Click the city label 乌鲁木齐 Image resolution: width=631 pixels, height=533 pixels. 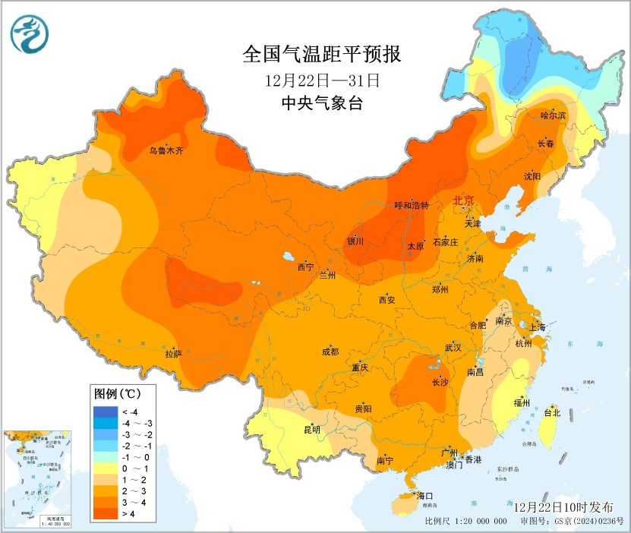pyautogui.click(x=166, y=151)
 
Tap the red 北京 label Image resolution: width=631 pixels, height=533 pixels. pyautogui.click(x=463, y=200)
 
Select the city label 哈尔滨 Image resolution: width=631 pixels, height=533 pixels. pyautogui.click(x=554, y=115)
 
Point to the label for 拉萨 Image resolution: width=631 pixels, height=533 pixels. pyautogui.click(x=173, y=353)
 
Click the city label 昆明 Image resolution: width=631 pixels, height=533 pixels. pyautogui.click(x=311, y=430)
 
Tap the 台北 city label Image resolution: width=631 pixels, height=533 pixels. pyautogui.click(x=552, y=413)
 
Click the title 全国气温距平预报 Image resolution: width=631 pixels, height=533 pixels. pyautogui.click(x=321, y=55)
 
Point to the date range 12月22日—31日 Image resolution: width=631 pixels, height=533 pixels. pyautogui.click(x=321, y=79)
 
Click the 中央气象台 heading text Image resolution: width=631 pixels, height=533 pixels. pyautogui.click(x=321, y=103)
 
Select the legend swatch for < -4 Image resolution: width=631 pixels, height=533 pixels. pyautogui.click(x=104, y=411)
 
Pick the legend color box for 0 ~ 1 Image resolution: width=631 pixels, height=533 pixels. pyautogui.click(x=104, y=469)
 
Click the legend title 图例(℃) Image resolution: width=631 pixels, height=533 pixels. pyautogui.click(x=116, y=394)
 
